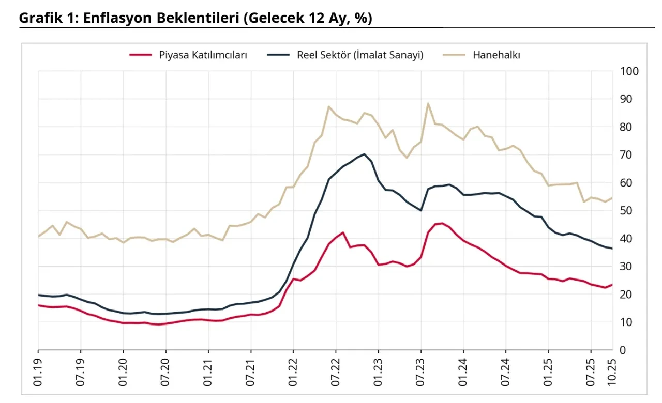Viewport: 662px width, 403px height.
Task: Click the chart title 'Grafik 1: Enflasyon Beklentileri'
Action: click(x=195, y=18)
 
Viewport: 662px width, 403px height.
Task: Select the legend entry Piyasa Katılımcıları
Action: click(x=203, y=55)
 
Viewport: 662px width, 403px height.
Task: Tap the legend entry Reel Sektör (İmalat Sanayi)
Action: click(x=360, y=55)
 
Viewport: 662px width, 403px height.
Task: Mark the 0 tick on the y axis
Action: click(x=622, y=350)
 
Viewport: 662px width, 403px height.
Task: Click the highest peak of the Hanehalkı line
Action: click(x=428, y=103)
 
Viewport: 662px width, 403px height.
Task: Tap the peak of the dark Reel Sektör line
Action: click(x=364, y=154)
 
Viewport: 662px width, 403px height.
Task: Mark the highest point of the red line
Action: click(x=442, y=223)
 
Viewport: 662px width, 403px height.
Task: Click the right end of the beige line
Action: click(x=612, y=197)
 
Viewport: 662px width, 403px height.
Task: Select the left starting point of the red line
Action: click(x=38, y=305)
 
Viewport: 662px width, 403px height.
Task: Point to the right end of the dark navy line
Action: click(x=612, y=249)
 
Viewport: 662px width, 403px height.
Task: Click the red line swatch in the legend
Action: click(x=140, y=55)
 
